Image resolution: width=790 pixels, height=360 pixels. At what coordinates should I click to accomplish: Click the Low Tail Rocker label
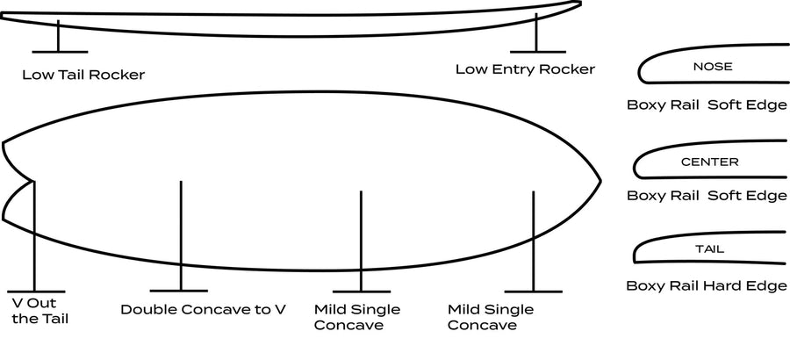(83, 76)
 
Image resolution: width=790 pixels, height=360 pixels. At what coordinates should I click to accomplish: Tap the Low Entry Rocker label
(525, 69)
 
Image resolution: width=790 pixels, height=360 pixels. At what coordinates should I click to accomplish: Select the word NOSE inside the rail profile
(713, 67)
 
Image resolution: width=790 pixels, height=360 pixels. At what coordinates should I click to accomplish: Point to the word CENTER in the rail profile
(709, 162)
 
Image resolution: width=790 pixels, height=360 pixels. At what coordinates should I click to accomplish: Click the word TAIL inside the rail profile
(709, 249)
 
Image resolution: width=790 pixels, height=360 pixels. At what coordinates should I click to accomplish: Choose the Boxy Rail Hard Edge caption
(707, 286)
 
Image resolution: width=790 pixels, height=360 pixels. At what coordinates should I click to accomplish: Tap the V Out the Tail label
(39, 311)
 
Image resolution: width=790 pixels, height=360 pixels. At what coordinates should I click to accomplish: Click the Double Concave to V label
(203, 309)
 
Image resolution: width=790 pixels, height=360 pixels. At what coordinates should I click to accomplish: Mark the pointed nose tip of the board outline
(600, 181)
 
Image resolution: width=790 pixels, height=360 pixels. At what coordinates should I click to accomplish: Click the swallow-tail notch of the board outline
(33, 181)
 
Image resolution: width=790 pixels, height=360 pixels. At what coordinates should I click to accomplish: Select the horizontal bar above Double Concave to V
(179, 291)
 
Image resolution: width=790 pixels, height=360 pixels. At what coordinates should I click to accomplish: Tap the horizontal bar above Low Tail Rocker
(60, 52)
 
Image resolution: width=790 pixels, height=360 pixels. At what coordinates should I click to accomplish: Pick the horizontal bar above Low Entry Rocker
(537, 52)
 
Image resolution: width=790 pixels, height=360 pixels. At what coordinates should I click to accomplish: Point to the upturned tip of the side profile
(578, 4)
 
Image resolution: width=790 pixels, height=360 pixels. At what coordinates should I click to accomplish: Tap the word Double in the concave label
(148, 309)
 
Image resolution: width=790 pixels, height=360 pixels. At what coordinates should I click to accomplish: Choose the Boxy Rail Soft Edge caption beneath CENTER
(707, 195)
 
